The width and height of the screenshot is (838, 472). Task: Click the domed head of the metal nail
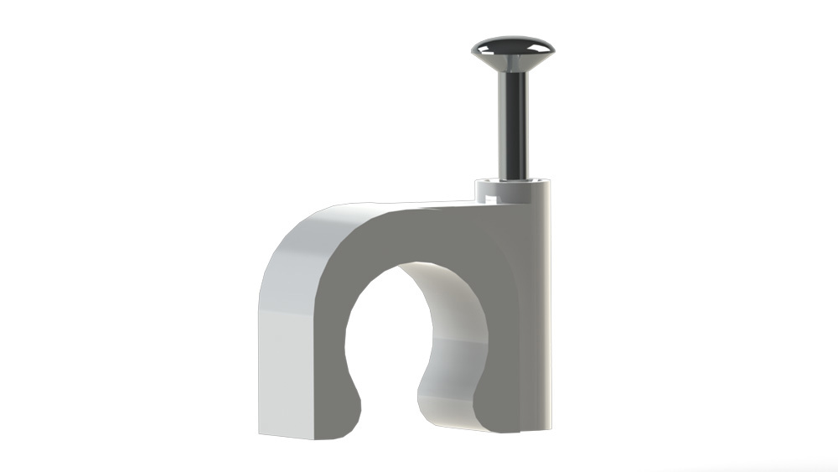[x=510, y=50]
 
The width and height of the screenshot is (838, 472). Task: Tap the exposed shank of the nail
[x=513, y=126]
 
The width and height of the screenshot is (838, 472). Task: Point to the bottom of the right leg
[x=494, y=428]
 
